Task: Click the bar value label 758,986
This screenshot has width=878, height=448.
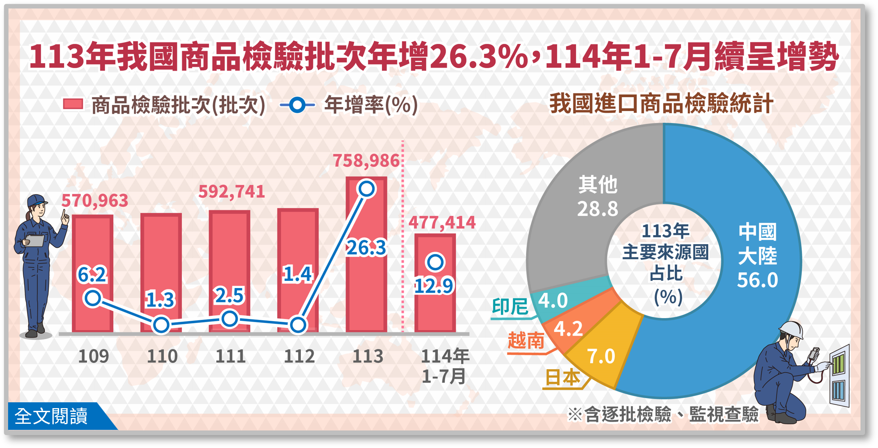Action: click(366, 161)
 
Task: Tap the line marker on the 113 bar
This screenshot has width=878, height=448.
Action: click(367, 189)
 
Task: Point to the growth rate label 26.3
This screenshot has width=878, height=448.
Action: click(366, 248)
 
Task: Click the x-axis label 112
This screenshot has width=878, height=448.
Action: click(299, 357)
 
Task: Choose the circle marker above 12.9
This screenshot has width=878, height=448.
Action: click(435, 262)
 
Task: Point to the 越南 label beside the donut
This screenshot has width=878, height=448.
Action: click(526, 340)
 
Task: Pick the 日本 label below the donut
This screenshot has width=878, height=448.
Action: click(562, 378)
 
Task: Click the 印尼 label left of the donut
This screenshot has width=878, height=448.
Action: click(510, 307)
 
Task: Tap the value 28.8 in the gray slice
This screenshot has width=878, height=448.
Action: click(597, 209)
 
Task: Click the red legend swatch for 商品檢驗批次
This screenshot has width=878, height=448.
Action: click(73, 104)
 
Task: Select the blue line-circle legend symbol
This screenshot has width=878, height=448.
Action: click(297, 105)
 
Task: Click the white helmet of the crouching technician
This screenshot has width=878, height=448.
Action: click(792, 329)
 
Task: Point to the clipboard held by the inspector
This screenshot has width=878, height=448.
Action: click(35, 241)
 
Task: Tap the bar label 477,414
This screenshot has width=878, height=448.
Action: click(442, 223)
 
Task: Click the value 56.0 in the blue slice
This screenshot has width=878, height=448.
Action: click(758, 280)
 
